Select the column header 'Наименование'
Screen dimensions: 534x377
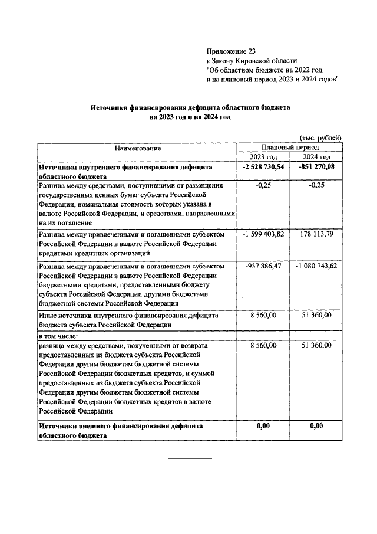click(x=137, y=148)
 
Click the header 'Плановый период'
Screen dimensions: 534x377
click(x=290, y=147)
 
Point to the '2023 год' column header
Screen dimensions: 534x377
click(x=263, y=157)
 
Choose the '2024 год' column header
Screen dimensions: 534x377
click(x=316, y=157)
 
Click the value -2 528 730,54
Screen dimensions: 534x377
click(x=263, y=167)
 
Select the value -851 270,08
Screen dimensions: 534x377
click(x=316, y=167)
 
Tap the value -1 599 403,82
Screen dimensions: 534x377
click(x=263, y=234)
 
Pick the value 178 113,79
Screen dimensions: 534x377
click(x=316, y=234)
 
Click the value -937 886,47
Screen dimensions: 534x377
click(x=263, y=266)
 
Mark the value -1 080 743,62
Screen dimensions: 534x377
click(x=316, y=266)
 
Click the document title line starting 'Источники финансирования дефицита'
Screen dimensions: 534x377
click(x=190, y=108)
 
